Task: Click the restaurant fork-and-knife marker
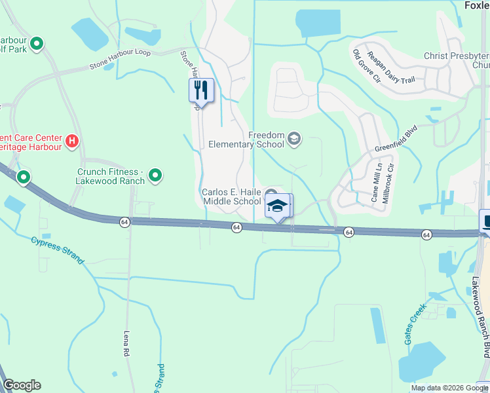(x=201, y=90)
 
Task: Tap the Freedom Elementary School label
(x=246, y=140)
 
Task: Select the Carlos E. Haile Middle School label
(x=232, y=196)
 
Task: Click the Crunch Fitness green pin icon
(x=155, y=175)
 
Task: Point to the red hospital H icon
(x=73, y=140)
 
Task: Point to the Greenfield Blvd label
(x=396, y=140)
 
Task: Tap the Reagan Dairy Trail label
(x=391, y=67)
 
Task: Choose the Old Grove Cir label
(x=366, y=66)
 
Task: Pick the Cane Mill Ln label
(x=375, y=185)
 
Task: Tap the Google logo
(x=22, y=385)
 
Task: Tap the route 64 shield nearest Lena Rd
(x=124, y=223)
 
